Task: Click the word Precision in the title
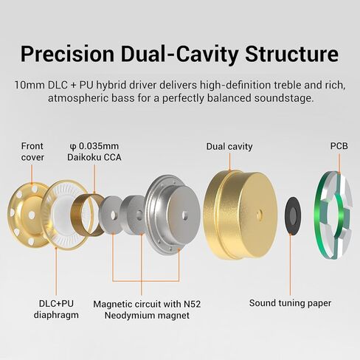68,55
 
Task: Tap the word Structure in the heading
291,54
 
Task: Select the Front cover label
32,152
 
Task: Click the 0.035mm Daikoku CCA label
94,152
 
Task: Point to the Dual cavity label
229,147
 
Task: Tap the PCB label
339,146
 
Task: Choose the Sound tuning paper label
290,303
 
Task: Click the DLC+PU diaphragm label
56,309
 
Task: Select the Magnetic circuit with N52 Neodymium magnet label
147,310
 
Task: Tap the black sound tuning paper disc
292,215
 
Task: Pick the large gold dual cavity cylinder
240,215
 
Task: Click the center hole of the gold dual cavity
259,214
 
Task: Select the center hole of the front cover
32,215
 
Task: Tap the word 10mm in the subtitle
29,85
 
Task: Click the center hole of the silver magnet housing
184,215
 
